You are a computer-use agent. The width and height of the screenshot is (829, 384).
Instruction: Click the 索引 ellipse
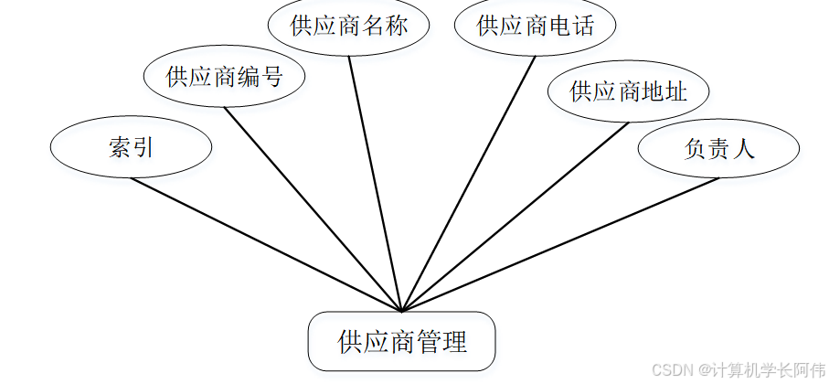[x=131, y=148]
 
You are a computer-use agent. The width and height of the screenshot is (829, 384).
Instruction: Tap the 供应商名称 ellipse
[x=348, y=26]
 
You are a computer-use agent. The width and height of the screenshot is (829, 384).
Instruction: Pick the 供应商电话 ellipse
[x=535, y=26]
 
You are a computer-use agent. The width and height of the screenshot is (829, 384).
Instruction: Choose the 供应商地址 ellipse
[x=628, y=91]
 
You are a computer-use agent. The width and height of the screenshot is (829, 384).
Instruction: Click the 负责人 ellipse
[x=718, y=149]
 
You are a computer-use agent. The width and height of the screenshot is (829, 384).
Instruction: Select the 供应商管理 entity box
[x=402, y=342]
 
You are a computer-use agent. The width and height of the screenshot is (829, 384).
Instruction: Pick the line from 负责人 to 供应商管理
[x=560, y=244]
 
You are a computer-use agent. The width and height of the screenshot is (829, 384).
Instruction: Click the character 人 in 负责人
[x=745, y=149]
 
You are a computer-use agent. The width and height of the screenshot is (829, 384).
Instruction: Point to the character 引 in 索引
[x=143, y=148]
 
